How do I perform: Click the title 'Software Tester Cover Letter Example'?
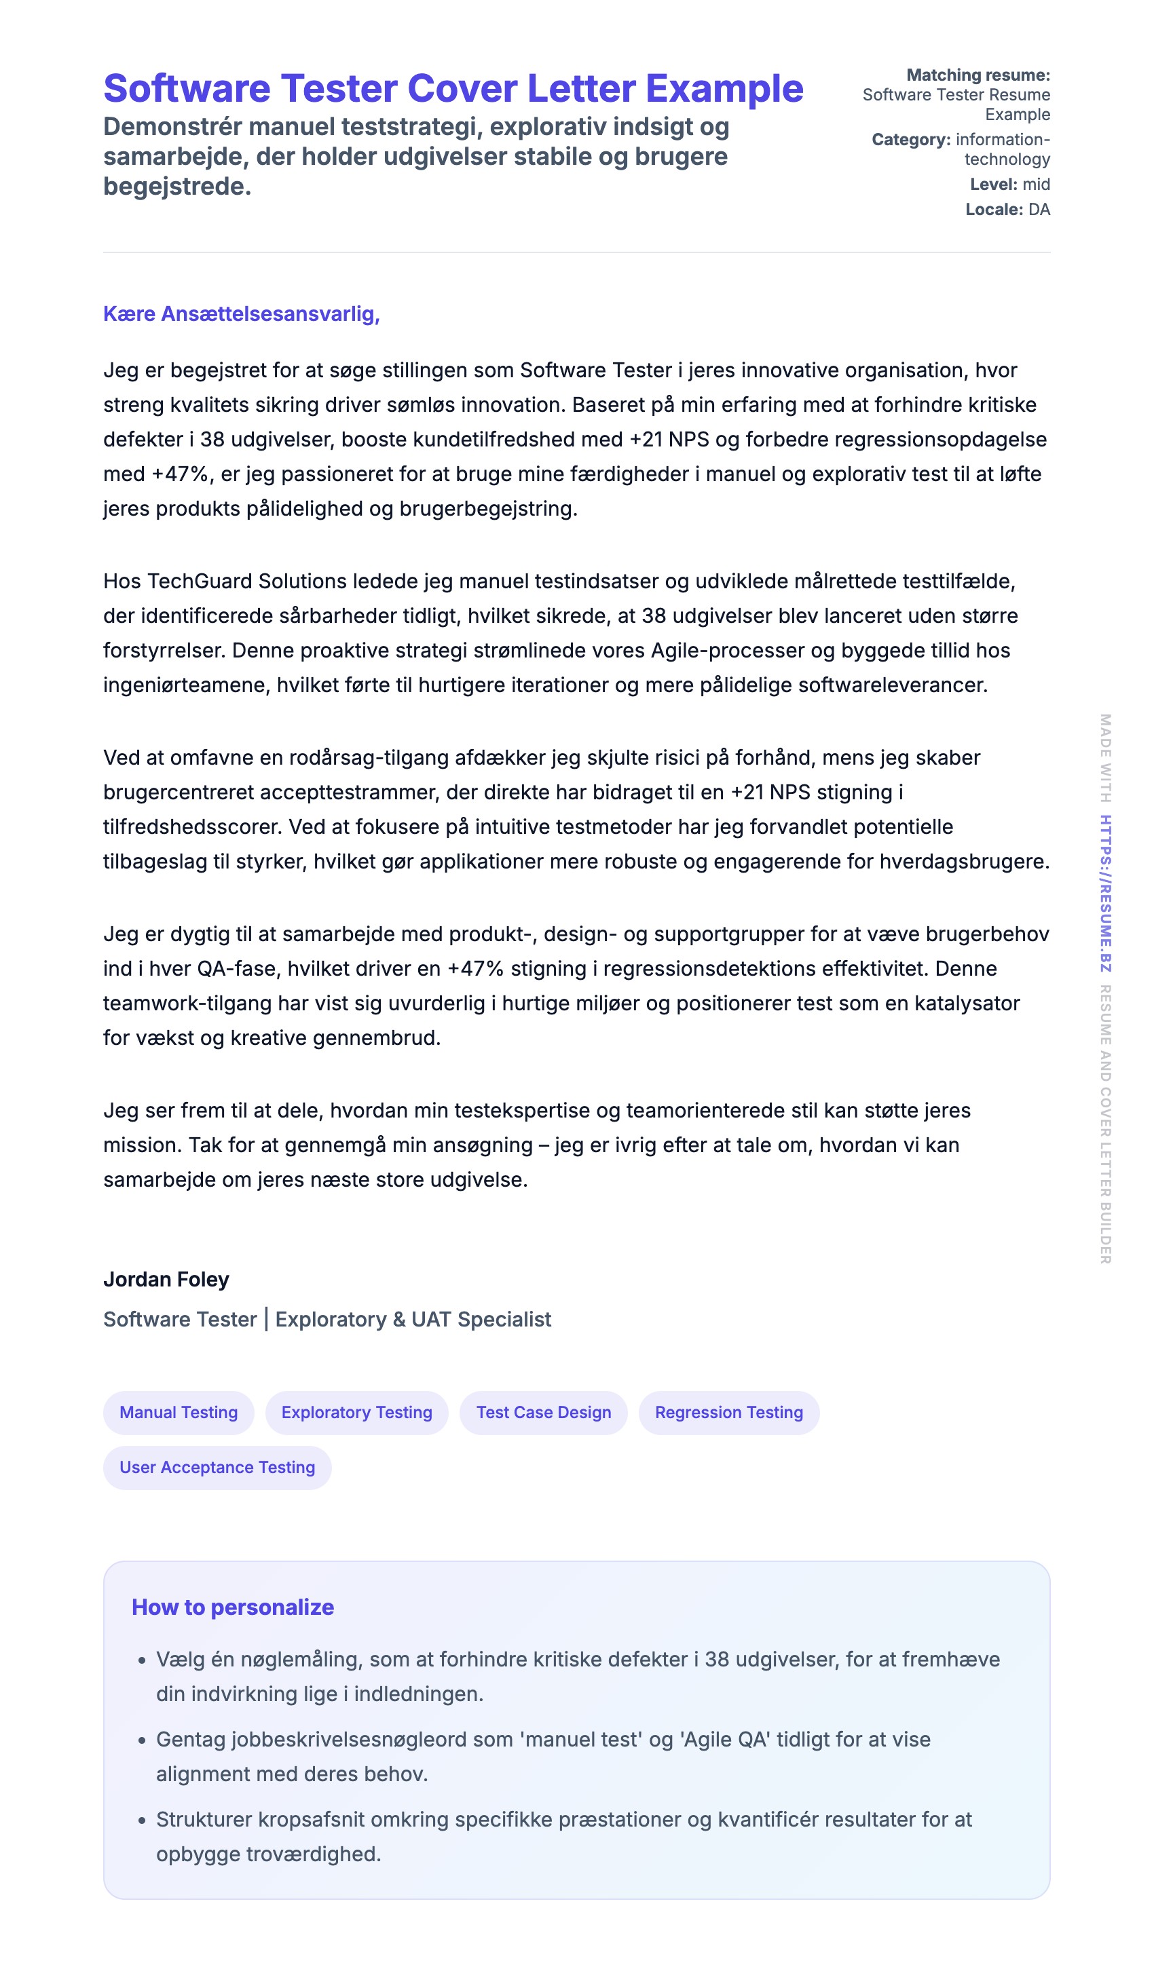pyautogui.click(x=453, y=88)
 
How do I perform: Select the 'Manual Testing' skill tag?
pyautogui.click(x=178, y=1412)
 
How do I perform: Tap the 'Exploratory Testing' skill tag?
pyautogui.click(x=356, y=1412)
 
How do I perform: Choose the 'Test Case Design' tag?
pyautogui.click(x=543, y=1412)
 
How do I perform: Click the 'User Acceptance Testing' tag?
pyautogui.click(x=217, y=1467)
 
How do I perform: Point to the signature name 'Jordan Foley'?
pyautogui.click(x=166, y=1279)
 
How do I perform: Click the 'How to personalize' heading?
pyautogui.click(x=233, y=1607)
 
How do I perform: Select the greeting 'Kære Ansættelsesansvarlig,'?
pyautogui.click(x=241, y=313)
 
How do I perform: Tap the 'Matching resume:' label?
pyautogui.click(x=978, y=75)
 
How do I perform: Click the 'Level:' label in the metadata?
pyautogui.click(x=993, y=184)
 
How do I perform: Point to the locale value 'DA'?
pyautogui.click(x=1039, y=209)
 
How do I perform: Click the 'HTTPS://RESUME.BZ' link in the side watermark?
pyautogui.click(x=1105, y=894)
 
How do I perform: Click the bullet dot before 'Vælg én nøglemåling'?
pyautogui.click(x=142, y=1661)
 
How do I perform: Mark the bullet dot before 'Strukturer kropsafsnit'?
pyautogui.click(x=142, y=1820)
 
